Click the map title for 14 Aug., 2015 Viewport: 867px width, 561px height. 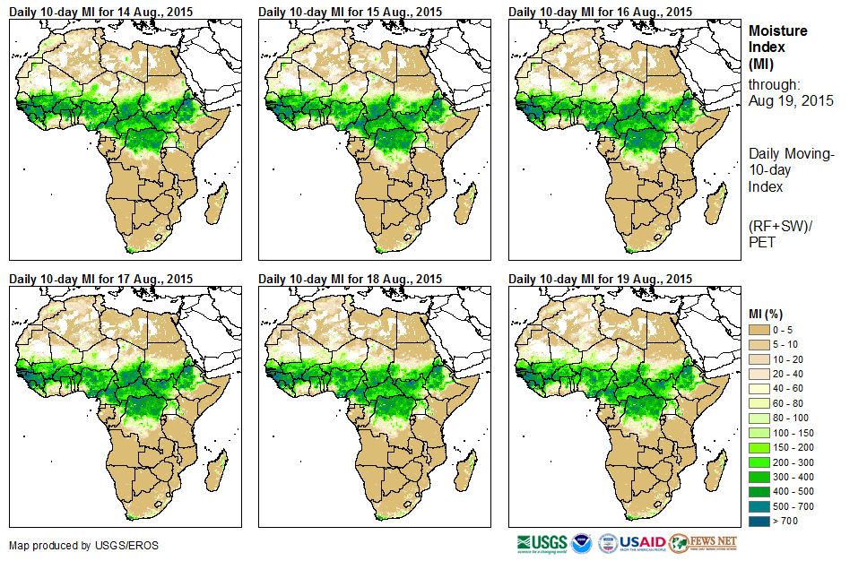coord(100,12)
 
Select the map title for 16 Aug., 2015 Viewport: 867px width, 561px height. coord(600,12)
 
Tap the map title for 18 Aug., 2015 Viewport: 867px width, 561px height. coord(351,279)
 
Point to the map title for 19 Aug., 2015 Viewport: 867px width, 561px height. coord(600,279)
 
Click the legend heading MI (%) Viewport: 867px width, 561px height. coord(768,313)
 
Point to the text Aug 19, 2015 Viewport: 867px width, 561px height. coord(791,100)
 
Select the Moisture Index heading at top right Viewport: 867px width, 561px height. coord(777,47)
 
